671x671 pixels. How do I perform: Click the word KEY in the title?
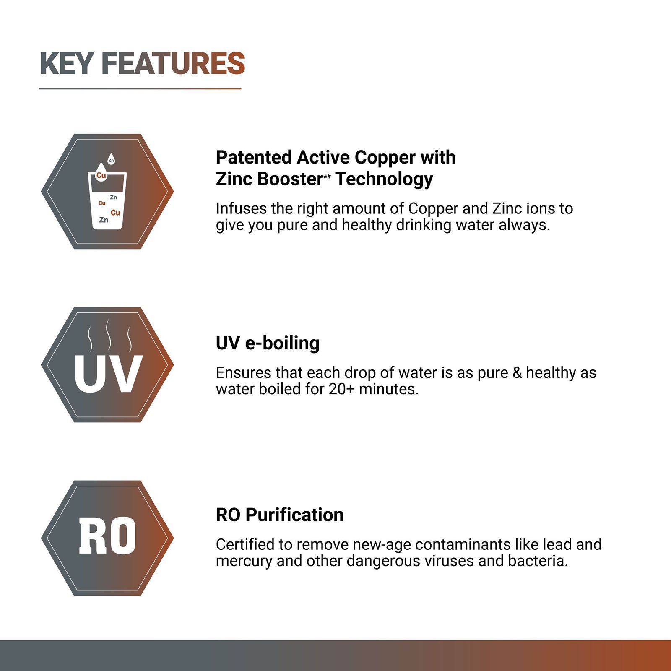[66, 64]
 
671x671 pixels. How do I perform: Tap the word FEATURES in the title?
[173, 64]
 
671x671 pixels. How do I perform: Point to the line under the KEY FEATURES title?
[140, 89]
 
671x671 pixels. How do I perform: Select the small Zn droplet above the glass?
[111, 159]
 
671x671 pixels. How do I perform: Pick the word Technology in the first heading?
[384, 179]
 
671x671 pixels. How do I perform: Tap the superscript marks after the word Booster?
[327, 176]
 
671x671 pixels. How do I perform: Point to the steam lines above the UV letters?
[109, 335]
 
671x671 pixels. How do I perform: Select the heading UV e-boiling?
[268, 343]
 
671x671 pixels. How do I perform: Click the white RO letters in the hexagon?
[107, 536]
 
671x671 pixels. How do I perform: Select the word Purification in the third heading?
[294, 515]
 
